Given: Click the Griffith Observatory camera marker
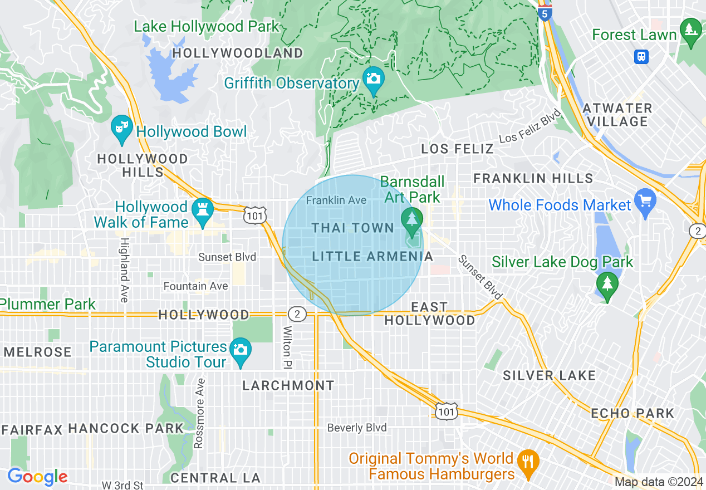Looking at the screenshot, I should click(373, 78).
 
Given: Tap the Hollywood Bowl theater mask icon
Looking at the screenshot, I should click(121, 127).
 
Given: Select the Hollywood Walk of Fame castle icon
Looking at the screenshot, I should click(202, 210).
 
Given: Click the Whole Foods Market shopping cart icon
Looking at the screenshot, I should click(645, 200).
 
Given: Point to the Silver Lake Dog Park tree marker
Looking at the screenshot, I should click(607, 284).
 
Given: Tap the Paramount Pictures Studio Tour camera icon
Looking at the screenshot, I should click(240, 350).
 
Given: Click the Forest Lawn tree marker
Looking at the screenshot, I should click(691, 30).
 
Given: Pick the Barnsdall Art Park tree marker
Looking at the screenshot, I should click(411, 218).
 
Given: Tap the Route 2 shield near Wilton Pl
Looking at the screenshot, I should click(297, 315).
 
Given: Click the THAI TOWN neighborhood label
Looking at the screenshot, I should click(353, 228).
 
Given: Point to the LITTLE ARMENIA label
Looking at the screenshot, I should click(372, 257).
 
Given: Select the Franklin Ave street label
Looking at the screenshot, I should click(336, 199).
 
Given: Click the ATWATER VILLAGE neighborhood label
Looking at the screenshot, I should click(617, 115).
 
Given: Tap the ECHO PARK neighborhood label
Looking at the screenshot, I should click(633, 414).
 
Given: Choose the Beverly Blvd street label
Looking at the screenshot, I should click(357, 428).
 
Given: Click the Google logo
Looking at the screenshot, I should click(38, 477).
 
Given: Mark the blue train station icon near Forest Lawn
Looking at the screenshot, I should click(642, 56).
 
